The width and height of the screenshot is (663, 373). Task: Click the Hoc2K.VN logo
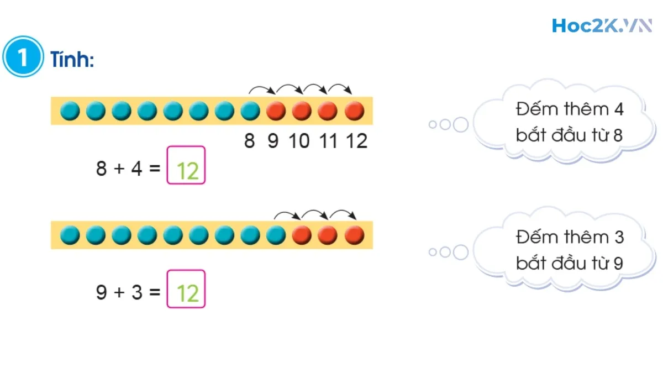(x=602, y=25)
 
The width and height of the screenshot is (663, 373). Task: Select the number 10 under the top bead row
(x=299, y=141)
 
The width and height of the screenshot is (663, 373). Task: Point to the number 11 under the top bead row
(x=328, y=141)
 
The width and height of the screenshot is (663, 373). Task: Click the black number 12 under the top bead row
(x=356, y=141)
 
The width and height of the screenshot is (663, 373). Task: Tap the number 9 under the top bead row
(x=273, y=141)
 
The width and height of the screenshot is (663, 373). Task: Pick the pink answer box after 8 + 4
(x=186, y=165)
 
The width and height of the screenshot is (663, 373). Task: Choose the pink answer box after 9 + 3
(x=186, y=289)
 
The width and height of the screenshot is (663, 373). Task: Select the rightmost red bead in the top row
(x=354, y=111)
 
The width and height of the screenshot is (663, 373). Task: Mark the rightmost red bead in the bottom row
(x=354, y=235)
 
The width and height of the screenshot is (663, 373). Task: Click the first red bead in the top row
(x=276, y=111)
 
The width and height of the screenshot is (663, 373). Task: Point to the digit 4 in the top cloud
(x=618, y=109)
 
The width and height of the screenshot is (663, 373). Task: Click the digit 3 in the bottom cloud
(x=618, y=237)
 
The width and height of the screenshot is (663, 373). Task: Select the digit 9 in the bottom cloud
(x=618, y=264)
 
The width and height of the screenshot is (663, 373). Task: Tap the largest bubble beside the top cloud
(x=460, y=125)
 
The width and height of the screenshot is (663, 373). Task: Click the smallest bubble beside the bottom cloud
(x=433, y=253)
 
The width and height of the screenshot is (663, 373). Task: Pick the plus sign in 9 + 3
(x=119, y=292)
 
